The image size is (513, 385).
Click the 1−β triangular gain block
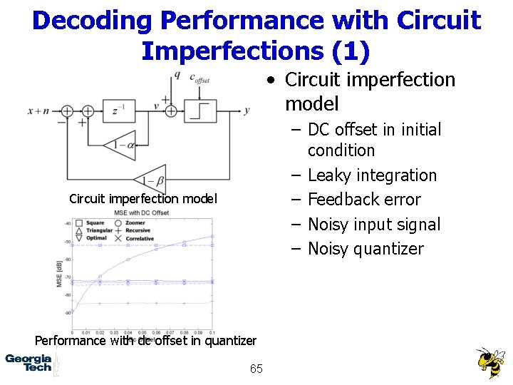click(x=149, y=181)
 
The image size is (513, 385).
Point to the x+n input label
click(x=39, y=111)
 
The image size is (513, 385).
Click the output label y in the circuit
click(x=247, y=111)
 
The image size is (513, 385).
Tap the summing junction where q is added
click(x=171, y=111)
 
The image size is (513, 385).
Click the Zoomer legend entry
click(x=136, y=223)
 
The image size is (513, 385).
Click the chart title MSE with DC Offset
click(x=142, y=212)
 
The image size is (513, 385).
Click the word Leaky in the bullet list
click(x=328, y=175)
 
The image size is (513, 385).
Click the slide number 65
click(x=256, y=369)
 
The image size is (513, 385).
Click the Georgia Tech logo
click(x=28, y=363)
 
